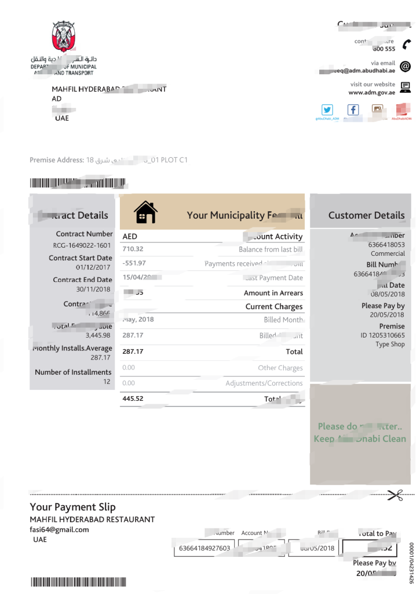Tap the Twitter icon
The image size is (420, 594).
coord(327,110)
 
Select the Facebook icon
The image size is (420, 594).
coord(353,110)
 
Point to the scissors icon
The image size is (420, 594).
coord(395,495)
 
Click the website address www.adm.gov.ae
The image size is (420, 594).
coord(371,92)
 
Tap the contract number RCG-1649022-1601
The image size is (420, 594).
coord(82,245)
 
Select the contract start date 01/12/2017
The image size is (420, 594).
coord(94,267)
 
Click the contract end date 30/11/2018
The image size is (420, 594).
coord(94,289)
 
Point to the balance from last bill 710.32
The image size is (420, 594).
coord(133,249)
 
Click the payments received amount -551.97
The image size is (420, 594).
coord(134,263)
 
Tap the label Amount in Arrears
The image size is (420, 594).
coord(273,294)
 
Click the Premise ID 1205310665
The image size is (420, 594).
coord(382,335)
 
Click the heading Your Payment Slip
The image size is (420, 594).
coord(72,507)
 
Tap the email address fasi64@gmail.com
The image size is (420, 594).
coord(59,530)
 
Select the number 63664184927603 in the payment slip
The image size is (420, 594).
coord(204,548)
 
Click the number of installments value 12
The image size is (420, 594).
coord(107,382)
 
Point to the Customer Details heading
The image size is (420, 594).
coord(366,215)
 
